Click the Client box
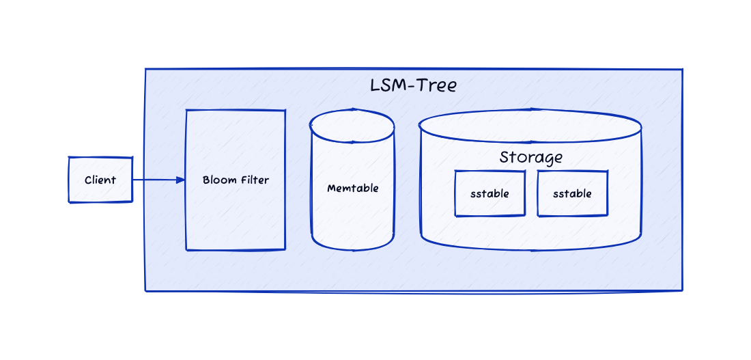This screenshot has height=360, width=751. coord(100,180)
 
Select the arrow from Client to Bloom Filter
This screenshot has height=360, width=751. coord(159,180)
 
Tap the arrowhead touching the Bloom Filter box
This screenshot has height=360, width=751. coord(181,180)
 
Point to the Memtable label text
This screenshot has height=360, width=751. coord(353,189)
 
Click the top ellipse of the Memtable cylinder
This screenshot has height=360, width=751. coord(352,126)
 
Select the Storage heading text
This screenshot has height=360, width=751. coord(530,158)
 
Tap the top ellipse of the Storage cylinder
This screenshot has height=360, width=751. coord(530,126)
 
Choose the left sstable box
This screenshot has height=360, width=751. coord(490,193)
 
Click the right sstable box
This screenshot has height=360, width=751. coord(572,193)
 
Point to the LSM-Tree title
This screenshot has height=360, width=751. coord(414,86)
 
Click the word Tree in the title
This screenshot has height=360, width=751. coord(436,86)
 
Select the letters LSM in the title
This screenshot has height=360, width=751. coord(388,86)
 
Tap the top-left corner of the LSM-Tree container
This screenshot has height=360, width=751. coord(145,69)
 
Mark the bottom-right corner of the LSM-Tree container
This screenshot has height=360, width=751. coord(682,290)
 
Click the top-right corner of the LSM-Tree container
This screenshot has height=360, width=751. coord(682,70)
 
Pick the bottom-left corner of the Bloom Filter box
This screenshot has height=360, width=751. coord(186,249)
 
